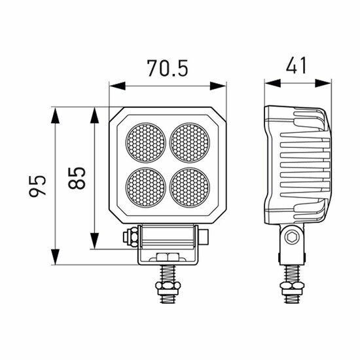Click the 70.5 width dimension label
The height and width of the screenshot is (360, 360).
(x=168, y=68)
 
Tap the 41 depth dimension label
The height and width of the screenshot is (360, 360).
(x=296, y=65)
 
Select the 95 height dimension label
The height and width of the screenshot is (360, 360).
(x=37, y=186)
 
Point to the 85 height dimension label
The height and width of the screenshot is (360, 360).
(x=77, y=178)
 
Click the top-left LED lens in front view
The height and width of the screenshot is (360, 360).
(x=145, y=143)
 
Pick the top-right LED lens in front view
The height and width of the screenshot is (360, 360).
(x=190, y=143)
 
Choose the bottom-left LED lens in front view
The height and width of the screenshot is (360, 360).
(x=145, y=187)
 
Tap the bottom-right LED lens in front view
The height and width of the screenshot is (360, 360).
(x=190, y=187)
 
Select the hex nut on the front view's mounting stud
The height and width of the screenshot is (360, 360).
(x=168, y=286)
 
